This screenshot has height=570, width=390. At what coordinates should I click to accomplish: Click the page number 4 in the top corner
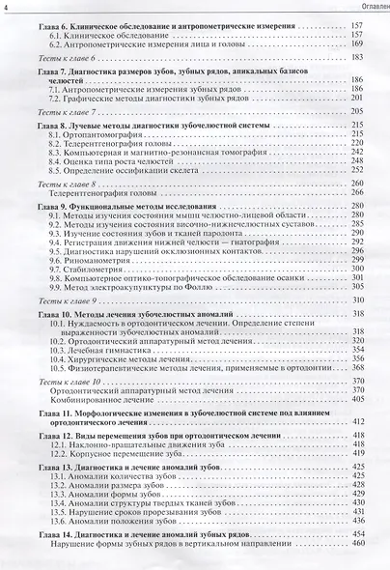pos(6,10)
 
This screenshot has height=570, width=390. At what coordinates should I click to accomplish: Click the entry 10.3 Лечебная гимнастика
pos(105,343)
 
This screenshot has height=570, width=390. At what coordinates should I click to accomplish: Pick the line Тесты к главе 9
pos(72,303)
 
